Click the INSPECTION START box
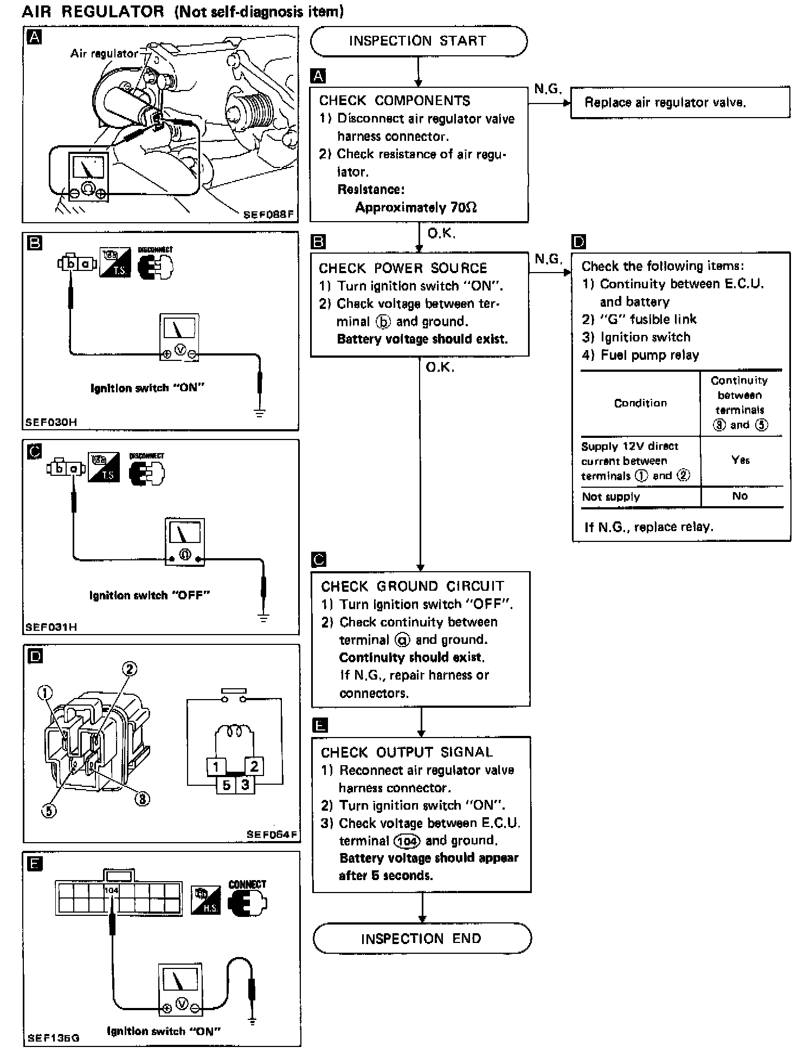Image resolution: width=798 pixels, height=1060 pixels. click(x=418, y=41)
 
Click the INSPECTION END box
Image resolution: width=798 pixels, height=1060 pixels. click(x=421, y=938)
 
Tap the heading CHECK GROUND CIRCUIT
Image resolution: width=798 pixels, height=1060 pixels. click(x=412, y=586)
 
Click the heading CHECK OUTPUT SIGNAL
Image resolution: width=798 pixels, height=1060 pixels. click(x=407, y=752)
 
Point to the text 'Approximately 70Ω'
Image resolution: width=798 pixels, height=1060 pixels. click(x=416, y=207)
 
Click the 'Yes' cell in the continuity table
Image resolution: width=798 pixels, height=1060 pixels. click(x=740, y=460)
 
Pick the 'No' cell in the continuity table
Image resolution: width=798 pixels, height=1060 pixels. click(x=740, y=496)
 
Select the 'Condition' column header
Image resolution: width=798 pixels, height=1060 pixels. click(x=640, y=403)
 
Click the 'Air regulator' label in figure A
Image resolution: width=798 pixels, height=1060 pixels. click(x=105, y=53)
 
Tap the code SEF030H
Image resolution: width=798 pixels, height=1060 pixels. click(x=51, y=422)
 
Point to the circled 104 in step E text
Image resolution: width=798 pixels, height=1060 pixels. click(x=406, y=841)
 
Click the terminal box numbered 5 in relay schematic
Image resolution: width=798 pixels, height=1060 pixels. click(x=227, y=785)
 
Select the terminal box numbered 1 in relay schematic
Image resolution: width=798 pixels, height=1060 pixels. click(x=216, y=767)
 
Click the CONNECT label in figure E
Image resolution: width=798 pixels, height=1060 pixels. click(x=247, y=884)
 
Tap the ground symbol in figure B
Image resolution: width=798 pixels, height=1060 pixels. click(x=260, y=413)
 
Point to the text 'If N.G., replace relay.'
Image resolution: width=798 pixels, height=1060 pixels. click(x=648, y=527)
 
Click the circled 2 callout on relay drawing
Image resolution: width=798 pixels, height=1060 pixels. click(x=129, y=669)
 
